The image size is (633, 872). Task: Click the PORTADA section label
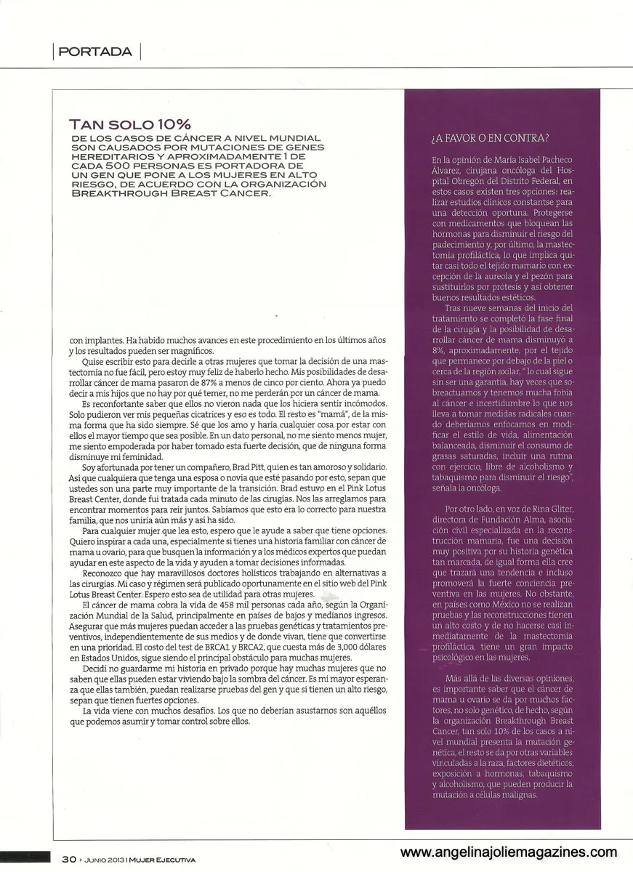[x=95, y=52]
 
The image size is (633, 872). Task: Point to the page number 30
[x=69, y=859]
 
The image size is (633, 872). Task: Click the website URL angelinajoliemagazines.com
[x=509, y=852]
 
